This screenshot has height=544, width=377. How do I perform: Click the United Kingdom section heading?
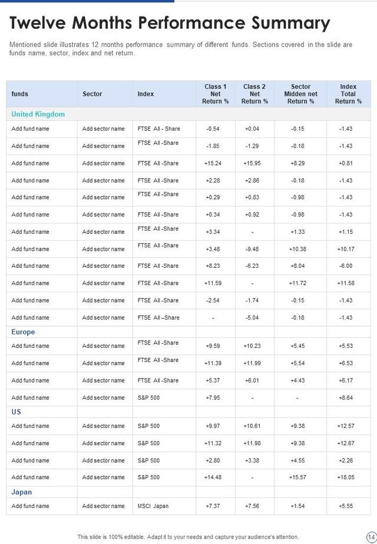(38, 114)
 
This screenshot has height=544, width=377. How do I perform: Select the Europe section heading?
(23, 332)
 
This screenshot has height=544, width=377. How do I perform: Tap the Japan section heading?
(21, 492)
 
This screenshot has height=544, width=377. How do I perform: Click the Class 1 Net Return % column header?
(215, 94)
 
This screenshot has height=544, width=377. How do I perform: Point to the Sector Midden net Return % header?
(300, 94)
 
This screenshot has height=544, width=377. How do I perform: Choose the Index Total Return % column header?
(348, 94)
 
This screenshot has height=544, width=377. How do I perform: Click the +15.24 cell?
(213, 163)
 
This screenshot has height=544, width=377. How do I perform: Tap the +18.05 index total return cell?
(346, 477)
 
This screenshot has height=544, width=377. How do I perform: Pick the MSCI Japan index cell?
(153, 506)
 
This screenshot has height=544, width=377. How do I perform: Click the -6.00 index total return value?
(346, 266)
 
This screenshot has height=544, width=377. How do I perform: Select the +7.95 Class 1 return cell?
(213, 398)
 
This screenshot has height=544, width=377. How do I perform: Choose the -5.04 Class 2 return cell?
(252, 318)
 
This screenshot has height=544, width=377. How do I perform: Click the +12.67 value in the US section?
(346, 443)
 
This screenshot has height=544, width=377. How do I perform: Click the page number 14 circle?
(371, 537)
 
